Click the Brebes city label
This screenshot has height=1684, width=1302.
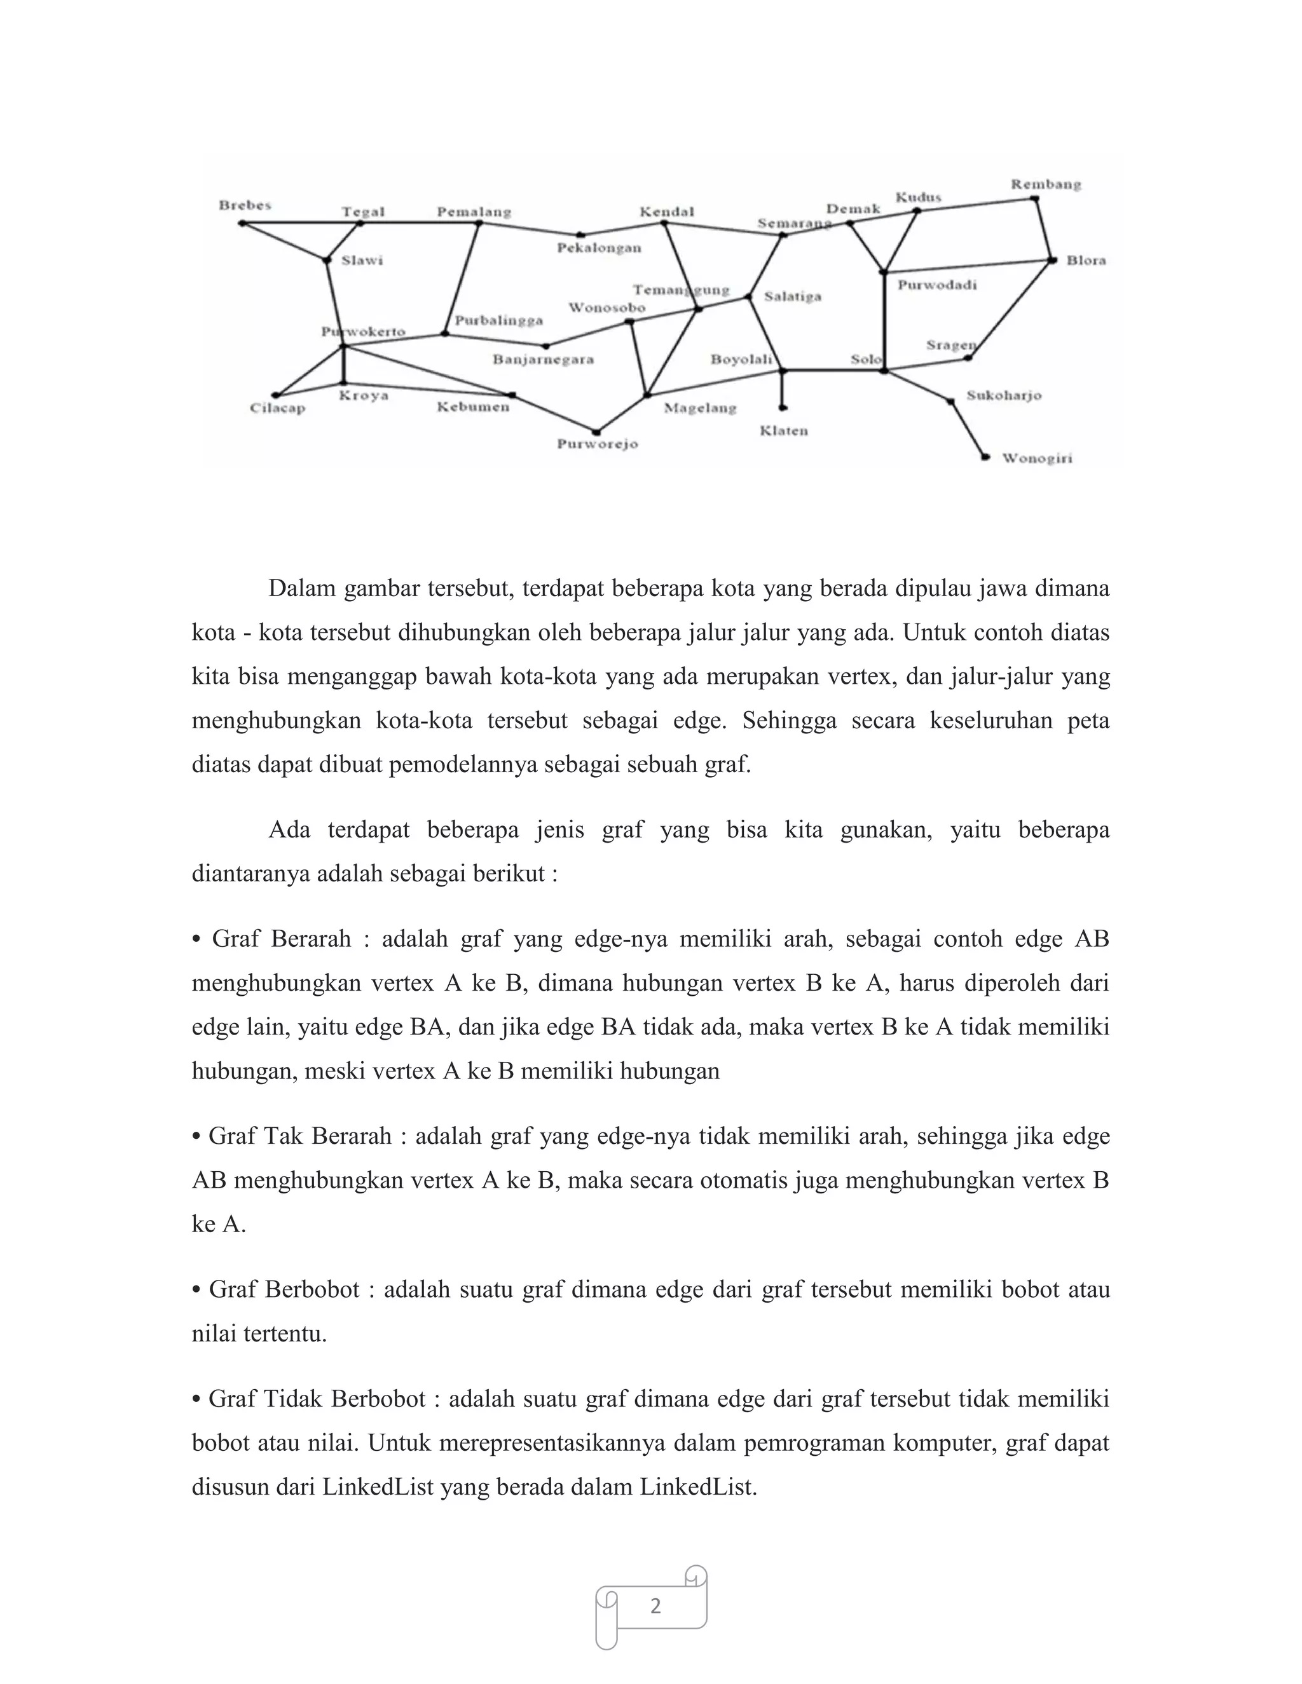coord(245,205)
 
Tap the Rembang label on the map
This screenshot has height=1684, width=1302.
coord(1046,184)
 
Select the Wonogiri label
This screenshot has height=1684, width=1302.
coord(1037,459)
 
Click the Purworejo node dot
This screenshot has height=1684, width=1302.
coord(596,431)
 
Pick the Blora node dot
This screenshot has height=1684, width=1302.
coord(1052,261)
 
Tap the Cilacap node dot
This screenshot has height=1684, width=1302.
coord(275,395)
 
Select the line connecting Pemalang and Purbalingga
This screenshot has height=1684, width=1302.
coord(462,278)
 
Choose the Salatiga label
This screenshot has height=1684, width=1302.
coord(792,297)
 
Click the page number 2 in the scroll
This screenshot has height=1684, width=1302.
coord(655,1606)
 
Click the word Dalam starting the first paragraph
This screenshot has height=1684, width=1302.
coord(301,589)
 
